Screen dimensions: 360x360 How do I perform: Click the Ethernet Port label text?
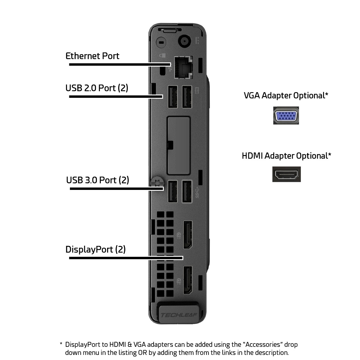click(x=92, y=56)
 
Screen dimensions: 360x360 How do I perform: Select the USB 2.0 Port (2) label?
click(x=97, y=88)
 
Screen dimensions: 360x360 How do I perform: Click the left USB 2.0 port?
click(x=172, y=97)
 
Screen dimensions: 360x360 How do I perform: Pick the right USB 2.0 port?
click(x=187, y=97)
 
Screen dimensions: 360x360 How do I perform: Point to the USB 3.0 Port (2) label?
click(x=97, y=180)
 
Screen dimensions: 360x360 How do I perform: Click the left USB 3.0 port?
click(x=172, y=191)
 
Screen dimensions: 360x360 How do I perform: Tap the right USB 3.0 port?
click(x=187, y=191)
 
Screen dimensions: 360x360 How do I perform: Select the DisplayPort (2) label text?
click(x=95, y=249)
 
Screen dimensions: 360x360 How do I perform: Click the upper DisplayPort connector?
click(x=188, y=235)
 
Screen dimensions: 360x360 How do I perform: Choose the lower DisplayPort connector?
click(x=188, y=280)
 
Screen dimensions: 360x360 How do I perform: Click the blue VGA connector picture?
click(x=286, y=115)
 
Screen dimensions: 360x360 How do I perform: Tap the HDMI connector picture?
click(x=286, y=174)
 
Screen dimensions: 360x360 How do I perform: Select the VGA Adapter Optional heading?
click(x=286, y=95)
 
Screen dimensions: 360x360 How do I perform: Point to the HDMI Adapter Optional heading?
click(x=286, y=156)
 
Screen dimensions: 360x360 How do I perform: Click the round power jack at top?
click(x=184, y=41)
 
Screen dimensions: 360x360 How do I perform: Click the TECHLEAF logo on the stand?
click(x=179, y=315)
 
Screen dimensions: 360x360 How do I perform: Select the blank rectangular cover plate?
click(x=178, y=145)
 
